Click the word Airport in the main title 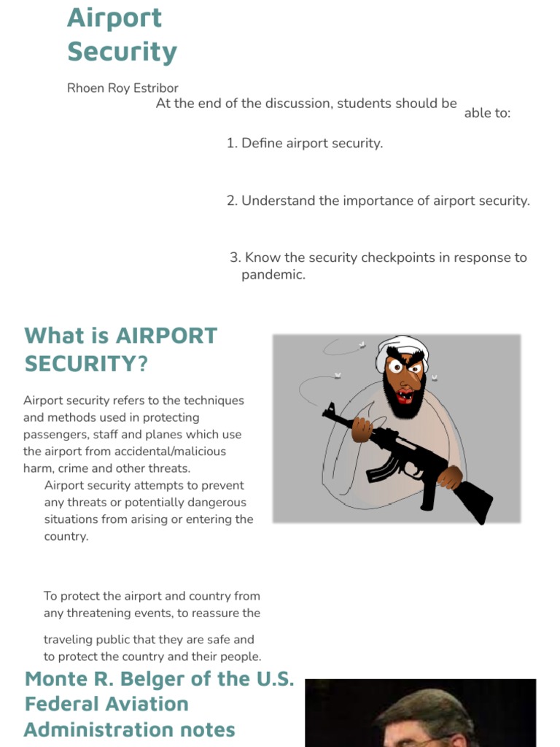[x=114, y=19]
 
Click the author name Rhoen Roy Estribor [x=122, y=88]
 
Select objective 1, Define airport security [x=305, y=143]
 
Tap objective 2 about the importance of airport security [x=378, y=201]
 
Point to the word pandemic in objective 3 [x=273, y=275]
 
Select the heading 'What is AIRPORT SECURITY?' [x=121, y=349]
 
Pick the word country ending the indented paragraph [x=66, y=536]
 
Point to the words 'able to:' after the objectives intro [x=487, y=113]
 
